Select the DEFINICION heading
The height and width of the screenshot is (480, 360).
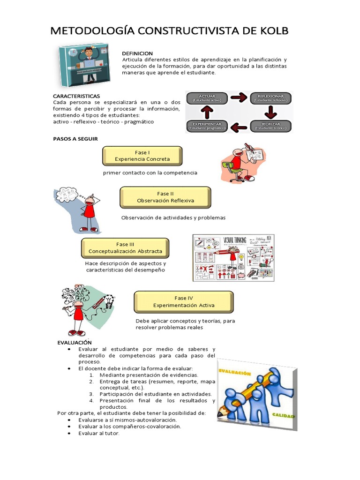click(x=137, y=53)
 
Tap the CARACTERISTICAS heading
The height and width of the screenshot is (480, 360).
click(x=76, y=96)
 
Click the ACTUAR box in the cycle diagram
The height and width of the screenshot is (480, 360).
click(x=208, y=98)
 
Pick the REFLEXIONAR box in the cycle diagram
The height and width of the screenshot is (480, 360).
click(x=270, y=98)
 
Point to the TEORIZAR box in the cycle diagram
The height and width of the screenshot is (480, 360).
click(x=270, y=126)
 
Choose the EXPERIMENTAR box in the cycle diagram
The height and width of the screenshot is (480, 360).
click(x=208, y=126)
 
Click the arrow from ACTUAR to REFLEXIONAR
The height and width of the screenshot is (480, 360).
click(x=239, y=97)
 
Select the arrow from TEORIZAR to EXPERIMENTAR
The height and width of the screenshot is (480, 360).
click(x=240, y=126)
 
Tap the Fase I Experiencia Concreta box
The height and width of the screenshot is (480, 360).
click(x=142, y=156)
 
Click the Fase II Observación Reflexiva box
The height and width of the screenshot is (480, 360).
click(x=165, y=197)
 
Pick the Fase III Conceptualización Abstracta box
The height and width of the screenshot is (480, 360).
click(x=125, y=247)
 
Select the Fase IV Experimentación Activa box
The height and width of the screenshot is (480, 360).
click(x=183, y=301)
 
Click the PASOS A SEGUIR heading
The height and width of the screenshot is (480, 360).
click(x=75, y=139)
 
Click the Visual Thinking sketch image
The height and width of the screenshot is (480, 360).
click(x=233, y=258)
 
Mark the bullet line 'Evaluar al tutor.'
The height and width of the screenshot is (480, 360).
click(x=99, y=433)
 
